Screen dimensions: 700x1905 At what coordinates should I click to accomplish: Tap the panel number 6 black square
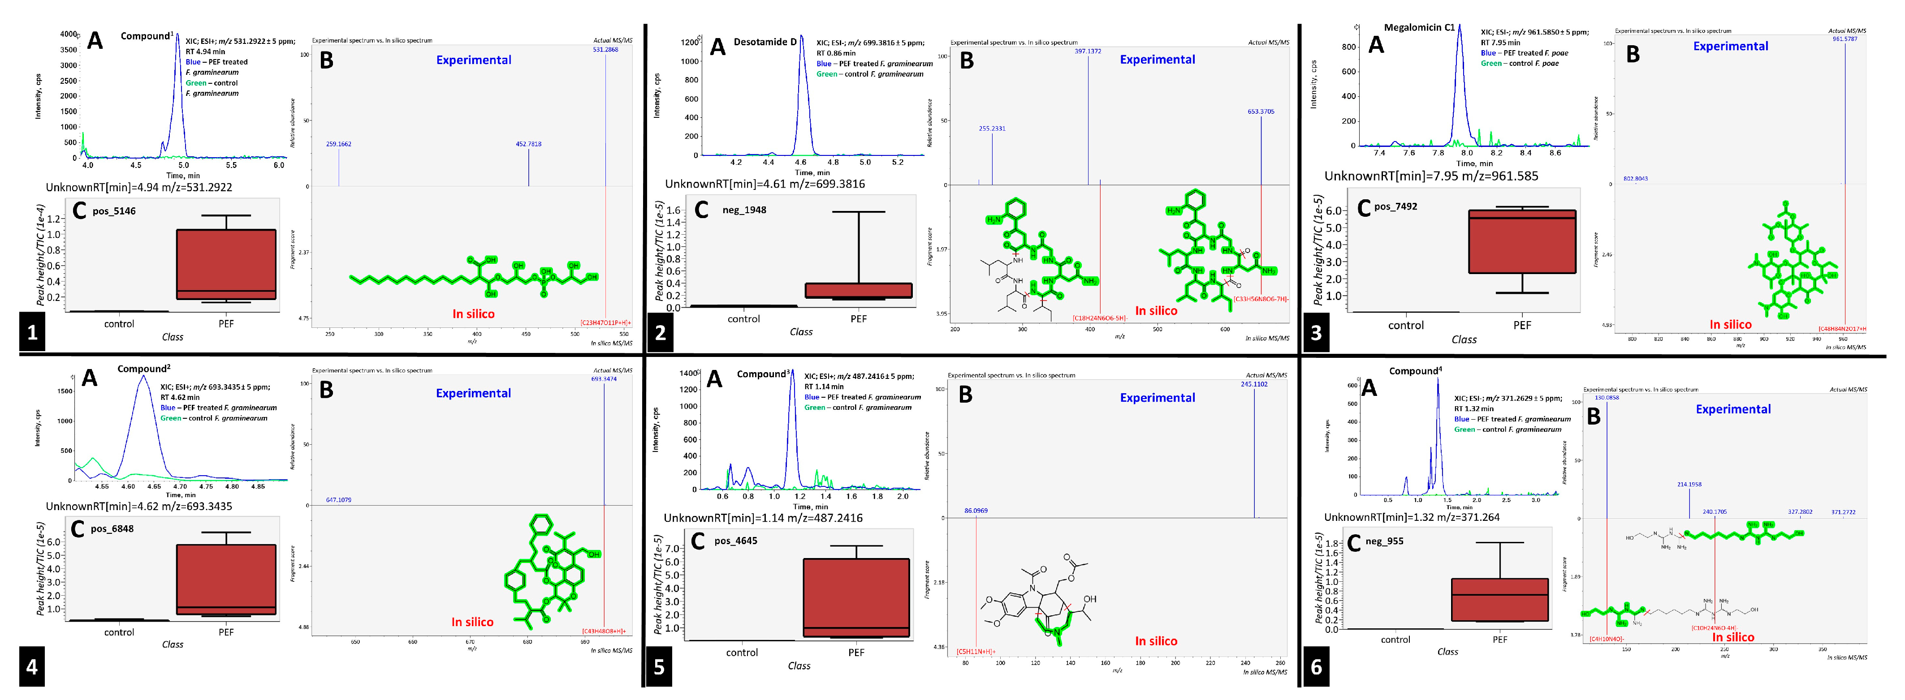click(x=1316, y=667)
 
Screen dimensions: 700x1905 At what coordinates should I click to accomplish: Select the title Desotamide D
click(x=765, y=42)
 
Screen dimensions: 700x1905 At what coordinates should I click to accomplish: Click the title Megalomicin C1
click(x=1418, y=27)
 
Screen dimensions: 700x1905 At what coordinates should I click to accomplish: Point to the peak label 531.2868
click(x=605, y=50)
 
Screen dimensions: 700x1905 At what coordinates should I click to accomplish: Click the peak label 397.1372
click(x=1087, y=51)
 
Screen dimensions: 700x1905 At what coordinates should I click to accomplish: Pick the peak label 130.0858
click(x=1606, y=398)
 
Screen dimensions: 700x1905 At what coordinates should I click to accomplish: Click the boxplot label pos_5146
click(x=114, y=211)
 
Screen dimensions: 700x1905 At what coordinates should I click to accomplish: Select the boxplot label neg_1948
click(x=744, y=210)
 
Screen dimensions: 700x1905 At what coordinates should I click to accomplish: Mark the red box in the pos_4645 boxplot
click(x=855, y=597)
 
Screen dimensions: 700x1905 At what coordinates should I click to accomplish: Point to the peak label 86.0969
click(x=976, y=510)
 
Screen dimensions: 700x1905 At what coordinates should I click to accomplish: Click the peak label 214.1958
click(x=1689, y=484)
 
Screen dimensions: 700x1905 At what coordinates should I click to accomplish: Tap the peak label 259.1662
click(x=339, y=144)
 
